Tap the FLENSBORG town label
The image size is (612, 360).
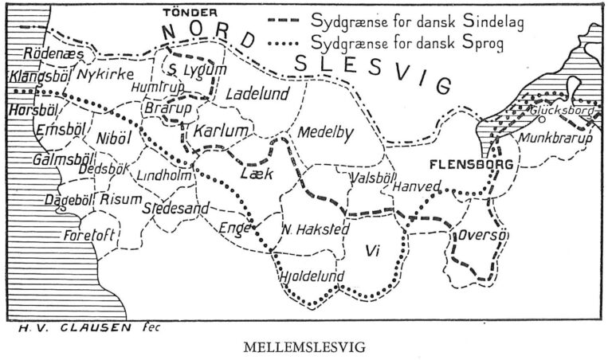click(x=463, y=165)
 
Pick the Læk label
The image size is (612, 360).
click(x=257, y=171)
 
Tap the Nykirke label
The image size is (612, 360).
click(x=100, y=75)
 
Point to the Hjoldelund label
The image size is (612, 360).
click(x=312, y=276)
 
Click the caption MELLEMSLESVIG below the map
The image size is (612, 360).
click(x=307, y=348)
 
